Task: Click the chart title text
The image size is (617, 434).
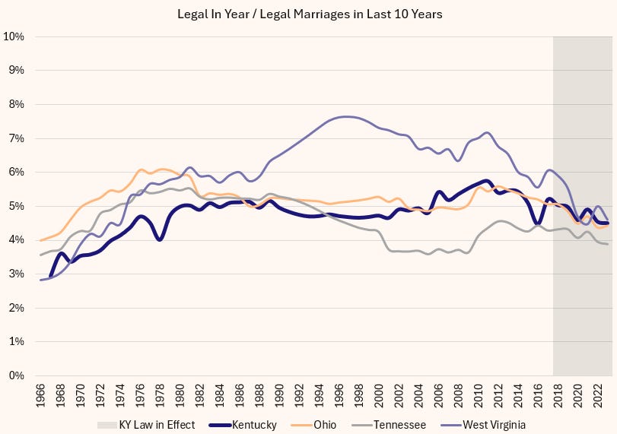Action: click(308, 14)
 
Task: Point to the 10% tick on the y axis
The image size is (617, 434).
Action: click(14, 36)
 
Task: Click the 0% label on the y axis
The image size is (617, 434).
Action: click(17, 375)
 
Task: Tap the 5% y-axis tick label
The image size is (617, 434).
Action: click(17, 206)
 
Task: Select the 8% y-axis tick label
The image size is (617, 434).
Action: click(17, 104)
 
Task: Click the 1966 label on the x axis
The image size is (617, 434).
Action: click(40, 394)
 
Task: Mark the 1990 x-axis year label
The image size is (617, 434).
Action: click(279, 394)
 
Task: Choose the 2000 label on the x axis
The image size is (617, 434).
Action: click(379, 394)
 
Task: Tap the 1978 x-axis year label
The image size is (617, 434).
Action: click(160, 394)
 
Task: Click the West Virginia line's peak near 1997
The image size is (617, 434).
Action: click(347, 116)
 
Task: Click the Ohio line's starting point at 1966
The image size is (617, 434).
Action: click(40, 240)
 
